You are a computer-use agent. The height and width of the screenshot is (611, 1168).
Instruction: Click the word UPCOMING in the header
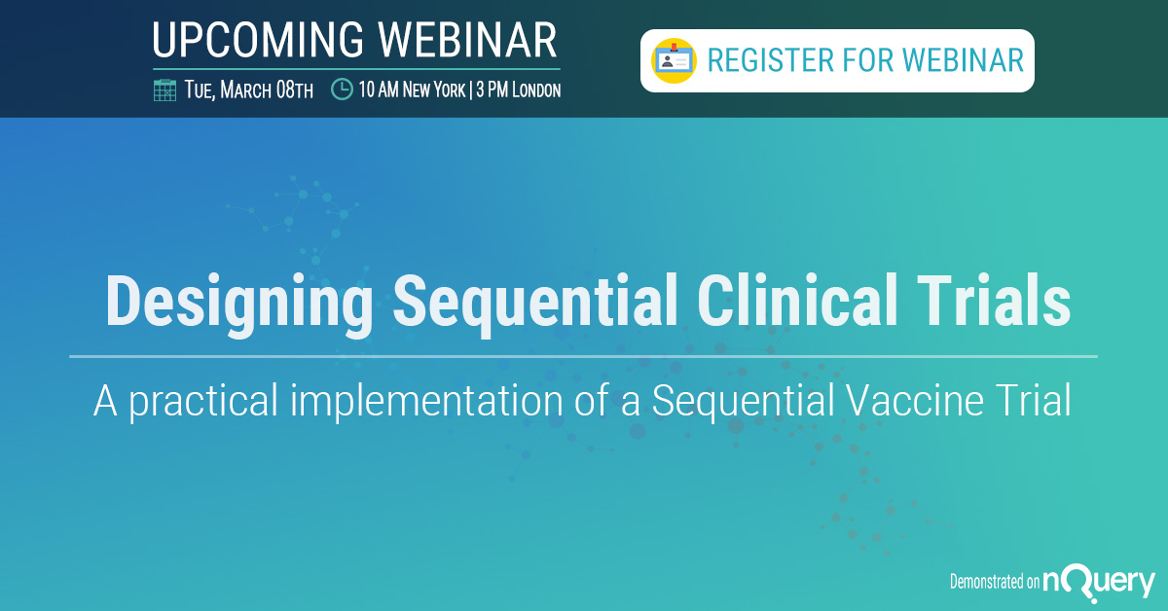pyautogui.click(x=258, y=40)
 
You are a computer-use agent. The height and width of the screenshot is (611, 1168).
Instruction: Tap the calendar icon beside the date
pyautogui.click(x=164, y=90)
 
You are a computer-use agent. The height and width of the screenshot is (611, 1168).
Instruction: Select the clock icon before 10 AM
pyautogui.click(x=342, y=90)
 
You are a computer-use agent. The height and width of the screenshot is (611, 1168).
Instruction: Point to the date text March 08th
pyautogui.click(x=267, y=90)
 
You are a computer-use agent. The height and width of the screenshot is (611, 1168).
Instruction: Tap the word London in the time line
pyautogui.click(x=536, y=90)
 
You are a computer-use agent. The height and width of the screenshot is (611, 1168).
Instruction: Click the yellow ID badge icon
pyautogui.click(x=674, y=60)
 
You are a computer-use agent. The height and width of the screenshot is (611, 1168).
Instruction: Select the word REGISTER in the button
pyautogui.click(x=771, y=60)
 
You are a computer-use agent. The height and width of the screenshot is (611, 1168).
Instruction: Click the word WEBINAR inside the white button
pyautogui.click(x=963, y=60)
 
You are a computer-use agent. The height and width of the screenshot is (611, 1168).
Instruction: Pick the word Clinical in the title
pyautogui.click(x=797, y=302)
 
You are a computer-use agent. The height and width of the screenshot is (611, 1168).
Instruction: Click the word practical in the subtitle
pyautogui.click(x=203, y=402)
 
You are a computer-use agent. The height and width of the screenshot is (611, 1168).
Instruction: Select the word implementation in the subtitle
pyautogui.click(x=426, y=402)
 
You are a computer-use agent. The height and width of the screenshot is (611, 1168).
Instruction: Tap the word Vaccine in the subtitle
pyautogui.click(x=915, y=401)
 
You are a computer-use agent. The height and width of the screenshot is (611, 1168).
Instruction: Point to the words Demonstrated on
pyautogui.click(x=995, y=581)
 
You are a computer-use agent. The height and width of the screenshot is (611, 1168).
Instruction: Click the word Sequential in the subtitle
pyautogui.click(x=744, y=402)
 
